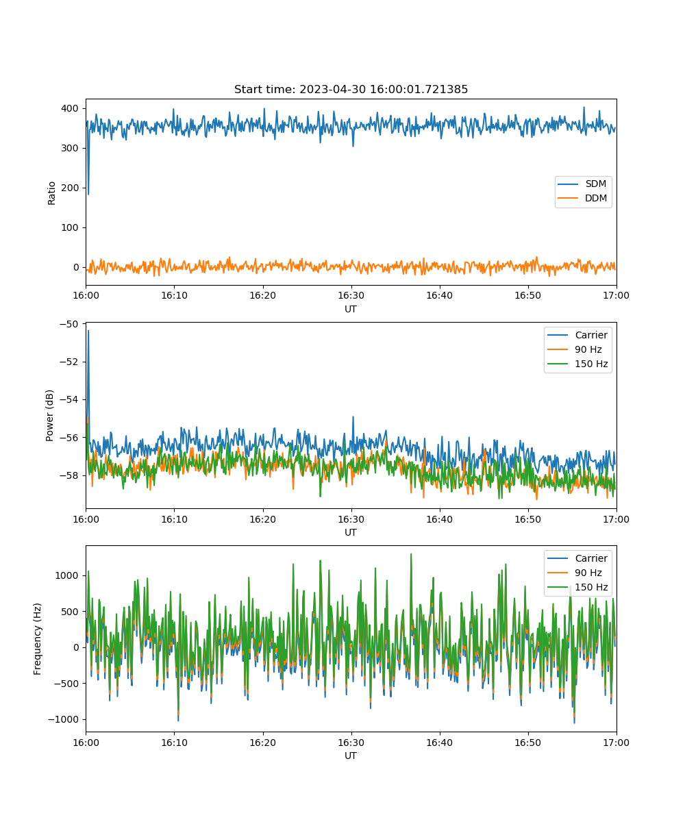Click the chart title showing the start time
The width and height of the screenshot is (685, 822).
(x=351, y=89)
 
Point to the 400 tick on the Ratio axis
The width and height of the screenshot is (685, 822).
(x=70, y=108)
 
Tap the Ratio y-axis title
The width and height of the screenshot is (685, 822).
(x=51, y=193)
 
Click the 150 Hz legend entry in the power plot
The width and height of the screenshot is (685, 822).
(x=577, y=363)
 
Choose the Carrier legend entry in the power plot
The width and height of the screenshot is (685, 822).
(x=577, y=335)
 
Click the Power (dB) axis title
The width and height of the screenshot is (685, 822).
(x=49, y=415)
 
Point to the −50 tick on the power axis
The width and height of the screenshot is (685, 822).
(x=69, y=324)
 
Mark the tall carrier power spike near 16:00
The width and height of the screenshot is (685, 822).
(x=88, y=331)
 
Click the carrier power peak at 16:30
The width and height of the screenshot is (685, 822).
(x=353, y=417)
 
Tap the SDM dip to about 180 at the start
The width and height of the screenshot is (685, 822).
(x=88, y=194)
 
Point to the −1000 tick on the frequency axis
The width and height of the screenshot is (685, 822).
(x=63, y=719)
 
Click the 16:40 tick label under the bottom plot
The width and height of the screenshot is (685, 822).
(x=439, y=742)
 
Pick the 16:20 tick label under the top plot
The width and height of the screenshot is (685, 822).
(x=262, y=295)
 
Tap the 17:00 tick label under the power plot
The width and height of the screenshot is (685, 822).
(x=616, y=519)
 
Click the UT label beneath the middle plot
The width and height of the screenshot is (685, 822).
(x=350, y=532)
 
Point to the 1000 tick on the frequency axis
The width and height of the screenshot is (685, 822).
(x=66, y=575)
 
